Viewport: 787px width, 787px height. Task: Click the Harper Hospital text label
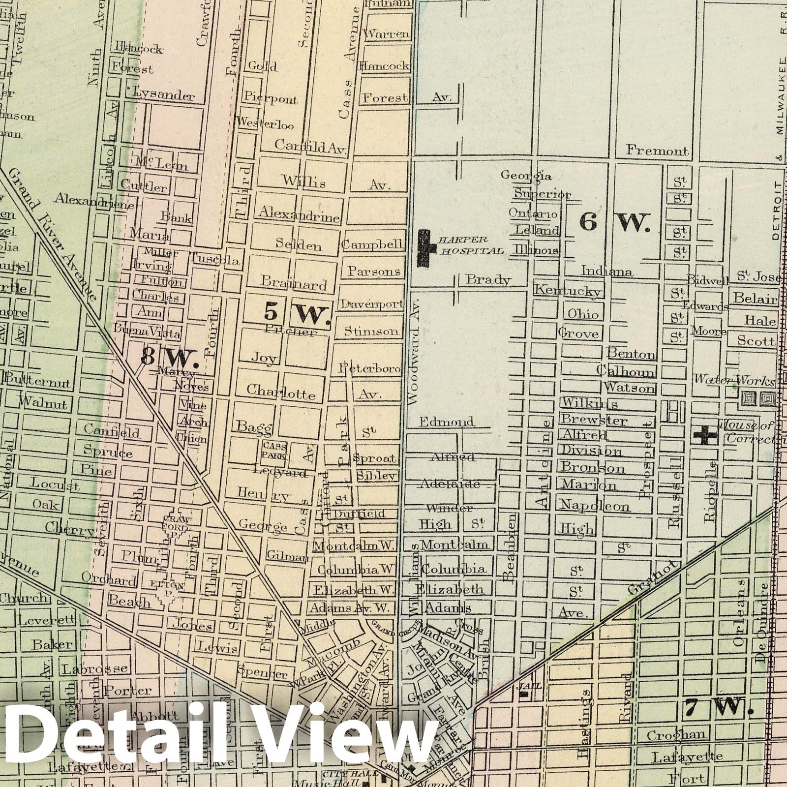click(470, 245)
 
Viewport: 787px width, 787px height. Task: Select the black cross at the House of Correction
click(705, 435)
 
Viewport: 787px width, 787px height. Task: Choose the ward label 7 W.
click(717, 707)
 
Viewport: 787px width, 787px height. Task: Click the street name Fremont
click(657, 151)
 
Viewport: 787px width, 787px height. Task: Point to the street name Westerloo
click(266, 124)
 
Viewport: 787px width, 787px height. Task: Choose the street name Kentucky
click(568, 290)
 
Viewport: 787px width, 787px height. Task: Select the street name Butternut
click(38, 383)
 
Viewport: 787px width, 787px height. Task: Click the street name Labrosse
click(95, 669)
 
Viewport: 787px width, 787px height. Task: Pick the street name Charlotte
click(281, 393)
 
